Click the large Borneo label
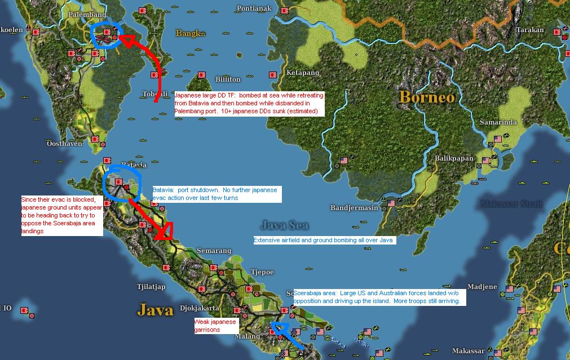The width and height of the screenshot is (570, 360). click(426, 97)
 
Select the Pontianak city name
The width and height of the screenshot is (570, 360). click(254, 8)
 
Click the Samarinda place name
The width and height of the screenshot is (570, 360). click(498, 122)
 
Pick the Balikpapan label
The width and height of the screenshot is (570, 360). click(454, 158)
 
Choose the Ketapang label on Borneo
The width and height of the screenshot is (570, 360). click(303, 73)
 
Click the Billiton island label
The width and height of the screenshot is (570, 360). click(228, 79)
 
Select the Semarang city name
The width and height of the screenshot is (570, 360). click(214, 250)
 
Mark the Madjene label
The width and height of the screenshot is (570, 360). click(482, 287)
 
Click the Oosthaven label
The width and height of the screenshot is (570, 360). click(65, 144)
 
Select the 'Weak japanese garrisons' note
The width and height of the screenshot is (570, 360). click(215, 326)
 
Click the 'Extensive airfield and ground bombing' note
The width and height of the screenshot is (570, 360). click(324, 240)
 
